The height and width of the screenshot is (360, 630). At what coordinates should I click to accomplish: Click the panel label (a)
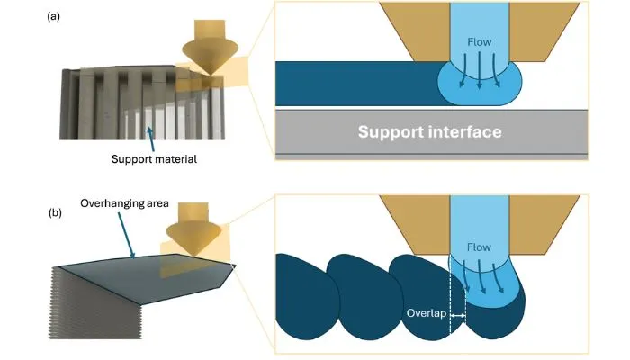point(53,16)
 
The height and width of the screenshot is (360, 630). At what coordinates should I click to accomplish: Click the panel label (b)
point(55,212)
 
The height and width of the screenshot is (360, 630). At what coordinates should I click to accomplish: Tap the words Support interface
point(430,131)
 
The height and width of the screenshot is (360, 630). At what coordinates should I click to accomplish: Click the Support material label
point(154,159)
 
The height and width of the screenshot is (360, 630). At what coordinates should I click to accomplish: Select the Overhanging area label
point(124,203)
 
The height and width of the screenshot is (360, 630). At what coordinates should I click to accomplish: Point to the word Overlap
point(427,313)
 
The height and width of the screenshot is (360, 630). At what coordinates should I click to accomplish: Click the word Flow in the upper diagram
point(480,41)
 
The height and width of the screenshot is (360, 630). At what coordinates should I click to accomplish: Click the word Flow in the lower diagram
point(479,247)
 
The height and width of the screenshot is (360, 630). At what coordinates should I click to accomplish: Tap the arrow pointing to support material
point(150,139)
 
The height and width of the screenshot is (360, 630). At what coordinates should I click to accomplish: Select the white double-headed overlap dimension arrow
point(457,316)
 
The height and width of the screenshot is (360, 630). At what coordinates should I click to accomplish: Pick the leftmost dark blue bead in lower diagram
point(306,296)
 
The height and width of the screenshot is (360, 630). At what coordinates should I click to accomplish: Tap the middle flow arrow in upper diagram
point(480,70)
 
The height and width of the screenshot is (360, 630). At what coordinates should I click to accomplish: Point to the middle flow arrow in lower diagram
point(481,277)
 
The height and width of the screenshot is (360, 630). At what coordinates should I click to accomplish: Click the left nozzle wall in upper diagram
point(418,32)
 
